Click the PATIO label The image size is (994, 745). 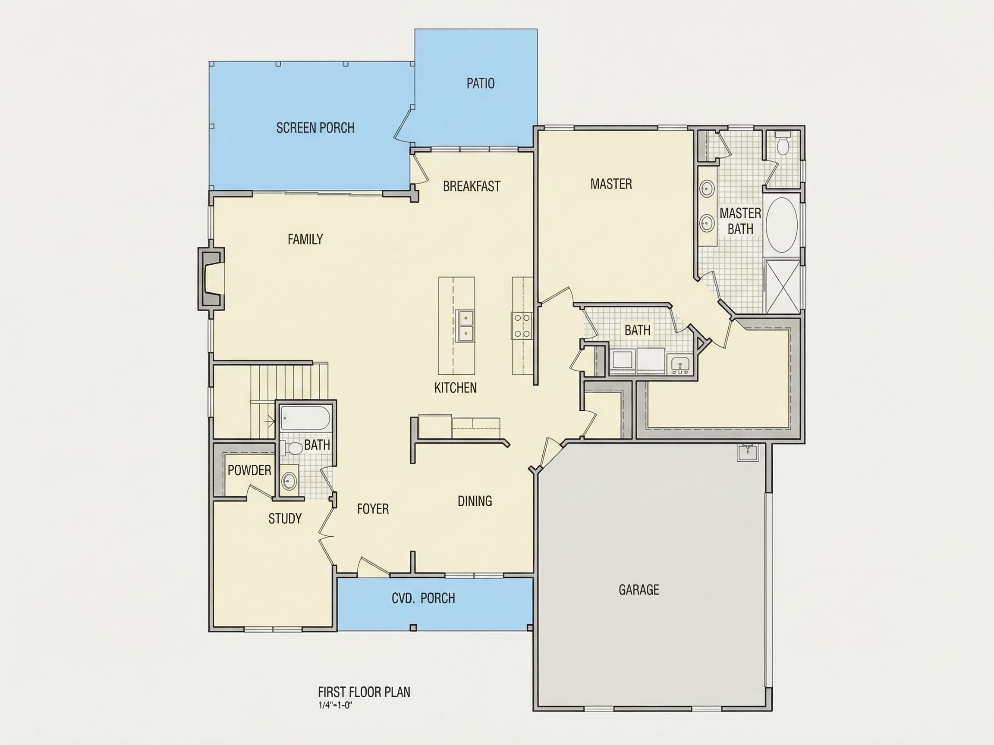[480, 84]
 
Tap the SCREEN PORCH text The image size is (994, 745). [315, 128]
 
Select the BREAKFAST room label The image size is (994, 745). [472, 186]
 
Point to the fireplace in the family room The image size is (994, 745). [211, 279]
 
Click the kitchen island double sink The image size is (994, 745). [465, 326]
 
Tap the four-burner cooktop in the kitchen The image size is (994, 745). [522, 326]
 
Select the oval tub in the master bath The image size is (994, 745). [782, 225]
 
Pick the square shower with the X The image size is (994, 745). [783, 285]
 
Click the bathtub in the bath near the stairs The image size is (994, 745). [305, 419]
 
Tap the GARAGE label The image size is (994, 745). [639, 590]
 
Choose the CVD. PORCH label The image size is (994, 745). [423, 598]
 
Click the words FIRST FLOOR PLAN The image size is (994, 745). [364, 692]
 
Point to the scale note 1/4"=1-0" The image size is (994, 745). [335, 705]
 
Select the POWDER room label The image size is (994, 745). [249, 470]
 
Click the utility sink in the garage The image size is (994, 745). [748, 453]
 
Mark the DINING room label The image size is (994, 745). [475, 501]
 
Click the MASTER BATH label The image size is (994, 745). [740, 221]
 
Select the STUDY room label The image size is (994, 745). [285, 519]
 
